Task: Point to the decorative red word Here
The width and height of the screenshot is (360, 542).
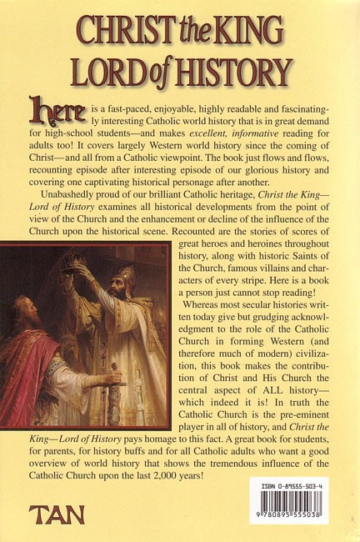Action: tap(51, 109)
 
